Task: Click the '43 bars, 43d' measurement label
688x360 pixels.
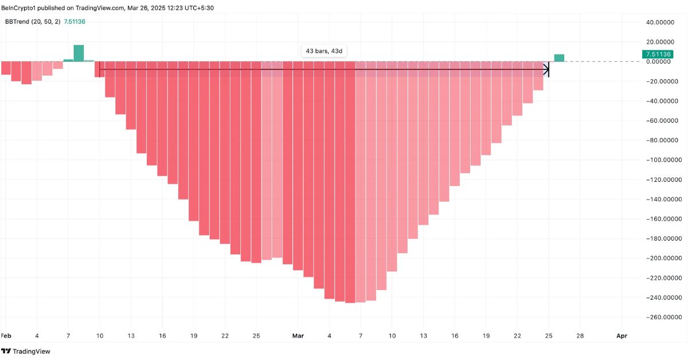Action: coord(324,51)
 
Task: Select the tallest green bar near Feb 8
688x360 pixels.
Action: coord(79,53)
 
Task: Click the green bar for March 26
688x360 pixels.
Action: coord(559,58)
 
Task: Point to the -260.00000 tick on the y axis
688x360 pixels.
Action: coord(662,317)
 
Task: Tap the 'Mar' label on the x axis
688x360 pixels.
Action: coord(298,335)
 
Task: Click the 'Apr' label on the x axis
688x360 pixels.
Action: coord(621,335)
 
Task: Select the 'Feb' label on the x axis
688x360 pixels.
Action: coord(6,335)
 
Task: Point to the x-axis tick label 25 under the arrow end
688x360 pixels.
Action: coord(549,335)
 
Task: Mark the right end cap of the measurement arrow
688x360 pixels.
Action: coord(549,70)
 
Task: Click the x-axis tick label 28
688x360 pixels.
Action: coord(580,335)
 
